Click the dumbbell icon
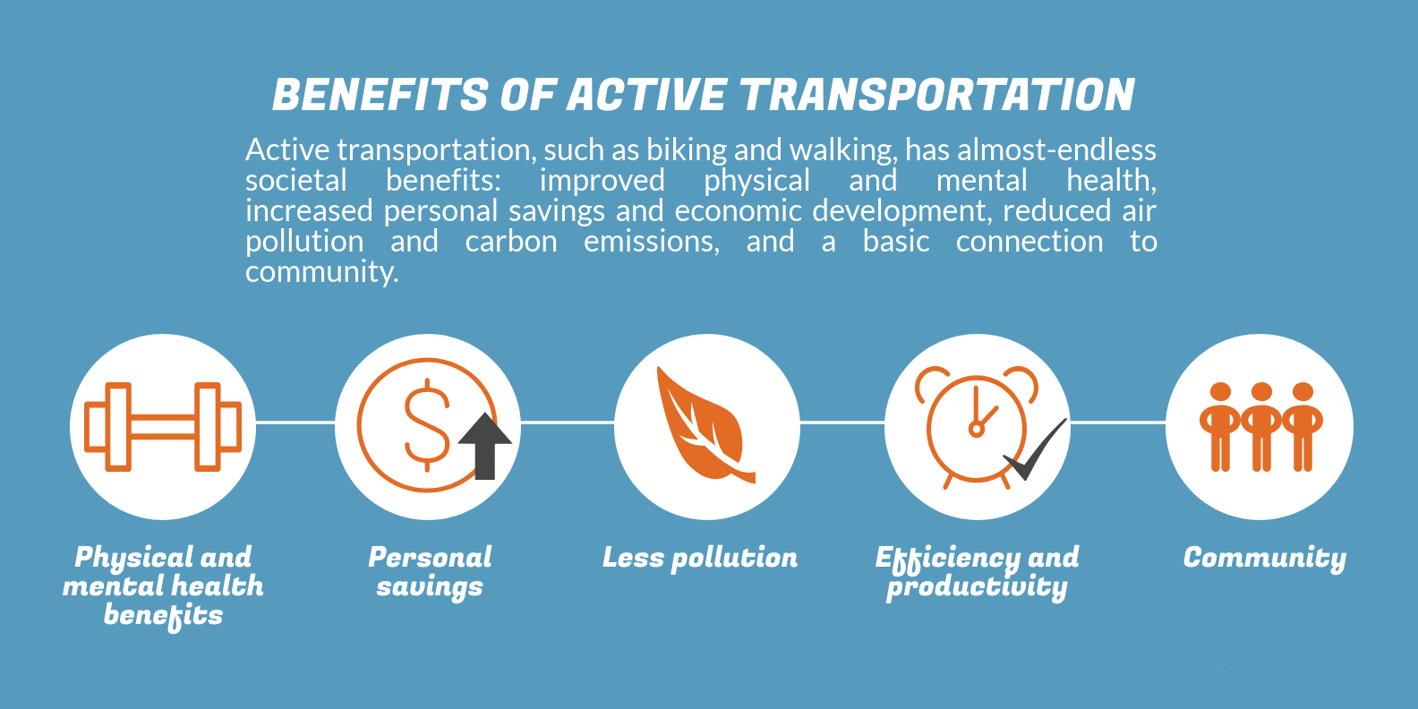[163, 427]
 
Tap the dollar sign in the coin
[427, 425]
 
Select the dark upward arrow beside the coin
[485, 447]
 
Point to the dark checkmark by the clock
[1035, 450]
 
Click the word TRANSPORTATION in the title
[937, 95]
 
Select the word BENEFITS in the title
[380, 95]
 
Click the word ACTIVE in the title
[645, 95]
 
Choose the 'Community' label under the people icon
[1265, 559]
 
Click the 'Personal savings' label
[430, 572]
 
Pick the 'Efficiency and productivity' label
[978, 572]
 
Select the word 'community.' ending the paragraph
[321, 272]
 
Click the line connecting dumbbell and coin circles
[295, 422]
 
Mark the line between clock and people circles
[1118, 422]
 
